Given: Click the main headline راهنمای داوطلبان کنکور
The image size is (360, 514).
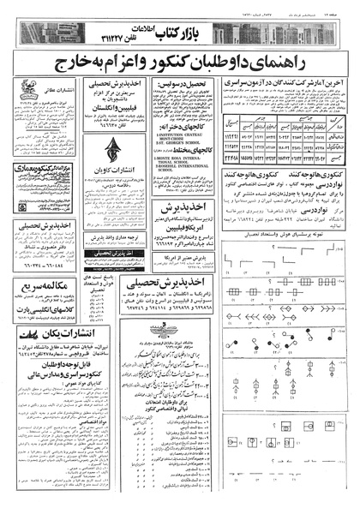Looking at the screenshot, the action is pyautogui.click(x=180, y=63).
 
